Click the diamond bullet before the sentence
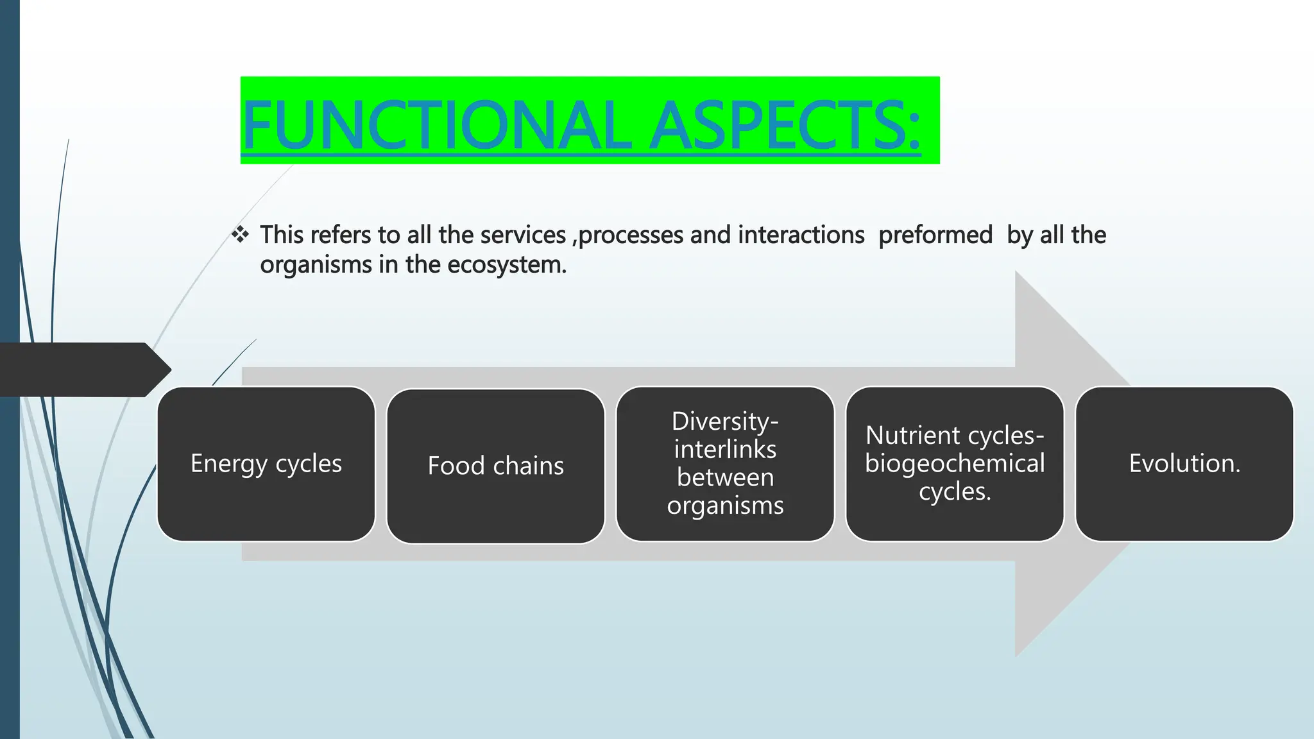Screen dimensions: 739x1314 [x=240, y=235]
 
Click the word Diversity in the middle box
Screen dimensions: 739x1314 [x=724, y=421]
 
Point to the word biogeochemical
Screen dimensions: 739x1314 [x=955, y=463]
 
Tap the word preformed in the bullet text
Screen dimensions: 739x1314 [x=935, y=235]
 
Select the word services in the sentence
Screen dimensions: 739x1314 [x=523, y=235]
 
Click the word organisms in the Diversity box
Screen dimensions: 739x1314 [x=725, y=505]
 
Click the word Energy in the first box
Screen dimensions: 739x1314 [x=228, y=464]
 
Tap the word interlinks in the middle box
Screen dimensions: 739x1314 [x=725, y=450]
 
